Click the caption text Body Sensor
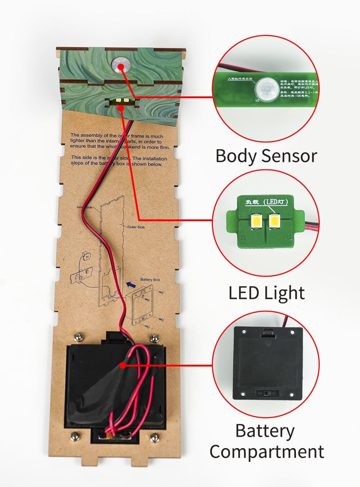266,156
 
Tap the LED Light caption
266,293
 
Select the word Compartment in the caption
266,452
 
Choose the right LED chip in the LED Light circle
274,220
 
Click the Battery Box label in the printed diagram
150,279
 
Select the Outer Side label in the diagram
136,227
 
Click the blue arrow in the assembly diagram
129,285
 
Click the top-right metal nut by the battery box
155,338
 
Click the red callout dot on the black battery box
123,365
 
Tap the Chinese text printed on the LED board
266,202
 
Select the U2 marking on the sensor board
257,100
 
